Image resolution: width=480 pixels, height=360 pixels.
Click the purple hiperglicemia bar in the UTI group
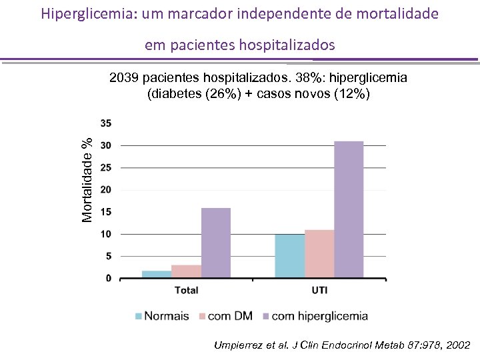pyautogui.click(x=349, y=209)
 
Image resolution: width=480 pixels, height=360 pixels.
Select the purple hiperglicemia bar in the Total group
pyautogui.click(x=215, y=243)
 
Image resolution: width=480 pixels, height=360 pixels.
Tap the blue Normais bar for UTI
pyautogui.click(x=289, y=255)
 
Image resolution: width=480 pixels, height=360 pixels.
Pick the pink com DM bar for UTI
pyautogui.click(x=319, y=253)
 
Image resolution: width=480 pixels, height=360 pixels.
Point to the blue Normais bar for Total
pyautogui.click(x=157, y=274)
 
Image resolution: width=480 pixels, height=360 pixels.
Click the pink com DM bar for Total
pyautogui.click(x=186, y=271)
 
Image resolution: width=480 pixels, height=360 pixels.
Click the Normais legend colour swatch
pyautogui.click(x=139, y=316)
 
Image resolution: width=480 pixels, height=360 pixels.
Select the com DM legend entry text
pyautogui.click(x=231, y=316)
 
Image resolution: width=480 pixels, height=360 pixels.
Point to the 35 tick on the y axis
pyautogui.click(x=106, y=123)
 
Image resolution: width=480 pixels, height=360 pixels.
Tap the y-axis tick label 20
pyautogui.click(x=106, y=190)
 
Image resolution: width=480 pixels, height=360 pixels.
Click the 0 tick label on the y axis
pyautogui.click(x=109, y=279)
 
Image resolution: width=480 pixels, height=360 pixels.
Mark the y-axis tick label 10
pyautogui.click(x=106, y=234)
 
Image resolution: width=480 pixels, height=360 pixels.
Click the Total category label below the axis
pyautogui.click(x=186, y=290)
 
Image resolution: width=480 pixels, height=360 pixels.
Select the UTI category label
pyautogui.click(x=319, y=290)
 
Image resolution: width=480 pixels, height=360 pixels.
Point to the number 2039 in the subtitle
pyautogui.click(x=124, y=78)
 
